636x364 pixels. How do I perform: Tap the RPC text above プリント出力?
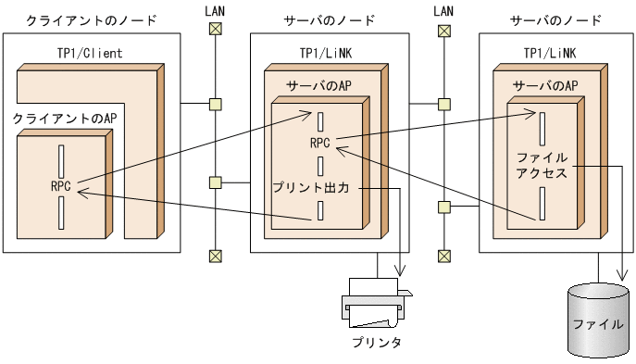320,144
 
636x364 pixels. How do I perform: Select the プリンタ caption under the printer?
377,343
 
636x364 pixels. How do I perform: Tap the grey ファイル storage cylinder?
597,320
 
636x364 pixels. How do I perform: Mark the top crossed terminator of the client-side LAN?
216,30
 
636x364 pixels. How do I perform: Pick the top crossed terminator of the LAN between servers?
444,30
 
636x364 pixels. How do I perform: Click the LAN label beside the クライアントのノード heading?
215,10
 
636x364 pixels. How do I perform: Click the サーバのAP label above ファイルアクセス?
545,85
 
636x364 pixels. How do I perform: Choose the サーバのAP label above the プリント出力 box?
319,85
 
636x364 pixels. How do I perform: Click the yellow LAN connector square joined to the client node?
216,104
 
